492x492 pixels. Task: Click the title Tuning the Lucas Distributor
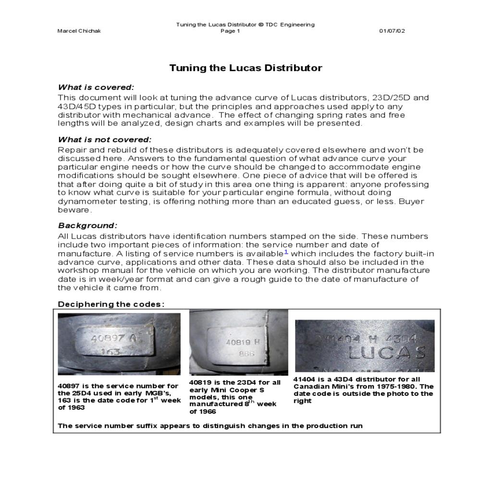point(246,68)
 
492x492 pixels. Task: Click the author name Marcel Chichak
point(79,31)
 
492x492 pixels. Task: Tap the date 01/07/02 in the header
point(392,31)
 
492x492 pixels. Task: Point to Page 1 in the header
point(230,31)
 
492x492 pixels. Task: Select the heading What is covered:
point(96,87)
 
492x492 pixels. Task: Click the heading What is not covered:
point(104,140)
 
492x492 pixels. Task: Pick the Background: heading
point(87,225)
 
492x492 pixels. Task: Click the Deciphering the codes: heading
point(111,304)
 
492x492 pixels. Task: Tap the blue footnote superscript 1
point(286,251)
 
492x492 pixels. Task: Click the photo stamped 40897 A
point(119,344)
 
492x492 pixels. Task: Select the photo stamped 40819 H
point(239,342)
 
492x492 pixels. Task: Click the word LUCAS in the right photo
point(387,353)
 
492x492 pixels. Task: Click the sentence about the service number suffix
point(210,426)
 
